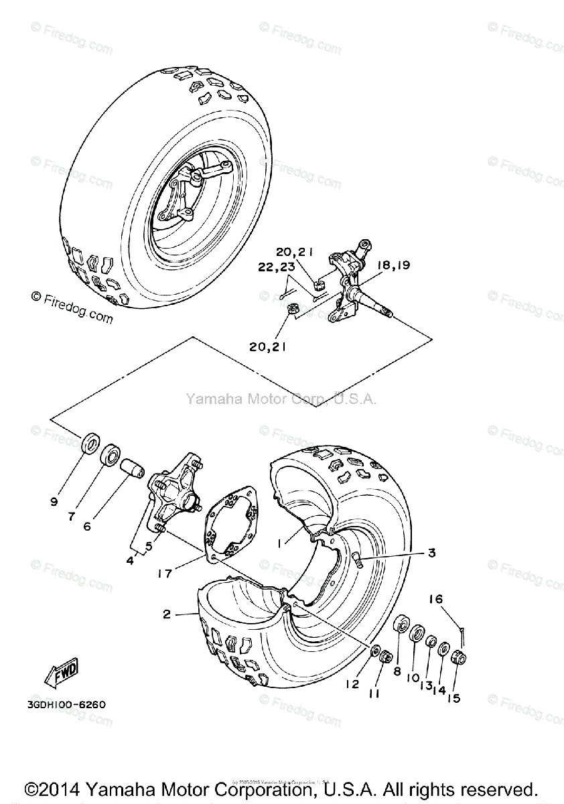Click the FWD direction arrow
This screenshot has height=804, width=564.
62,671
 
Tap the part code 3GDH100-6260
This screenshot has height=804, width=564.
66,705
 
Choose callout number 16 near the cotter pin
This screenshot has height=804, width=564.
436,599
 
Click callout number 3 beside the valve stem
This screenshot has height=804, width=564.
432,553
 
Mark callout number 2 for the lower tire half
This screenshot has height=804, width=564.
167,614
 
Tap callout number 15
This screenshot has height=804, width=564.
454,697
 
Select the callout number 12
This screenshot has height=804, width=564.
353,684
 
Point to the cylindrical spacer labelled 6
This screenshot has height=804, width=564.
133,470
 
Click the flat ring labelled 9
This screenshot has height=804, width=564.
89,445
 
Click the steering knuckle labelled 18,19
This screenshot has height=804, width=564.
354,285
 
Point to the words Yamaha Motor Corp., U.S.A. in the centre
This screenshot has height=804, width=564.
281,399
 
